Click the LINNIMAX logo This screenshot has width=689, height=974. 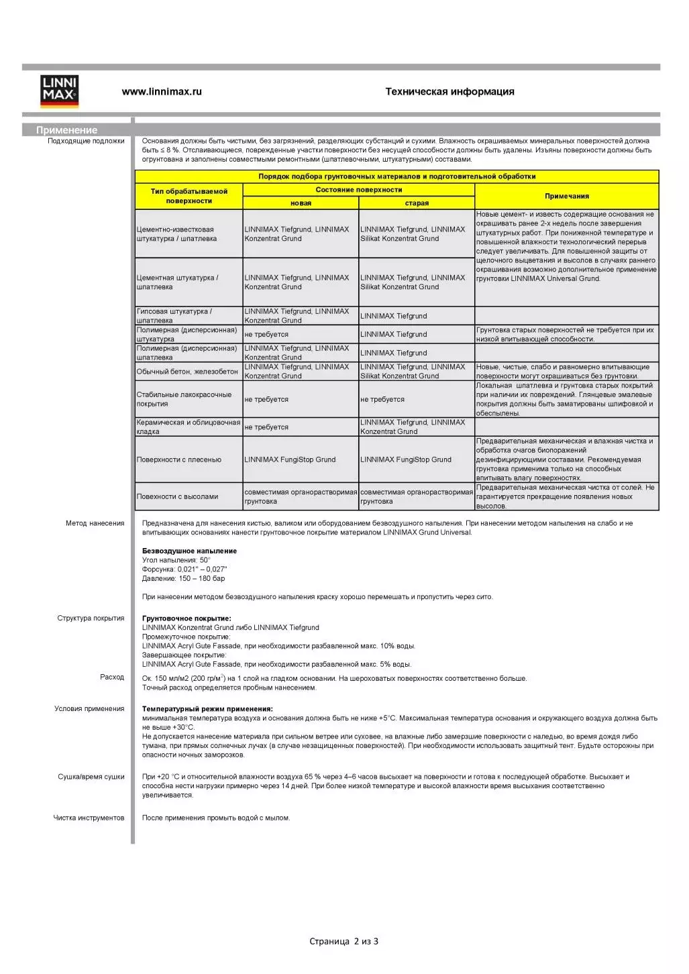coord(60,91)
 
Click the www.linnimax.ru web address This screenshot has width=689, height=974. coord(162,92)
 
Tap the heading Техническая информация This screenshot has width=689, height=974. coord(449,92)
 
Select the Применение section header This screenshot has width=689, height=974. coord(66,130)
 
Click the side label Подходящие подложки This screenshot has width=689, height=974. coord(86,142)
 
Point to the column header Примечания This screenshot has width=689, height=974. coord(567,197)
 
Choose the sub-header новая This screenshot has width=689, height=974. coord(301,203)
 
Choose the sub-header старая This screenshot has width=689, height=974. coord(417,203)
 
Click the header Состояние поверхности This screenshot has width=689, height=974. coord(359,190)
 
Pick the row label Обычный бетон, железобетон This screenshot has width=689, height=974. coord(187,372)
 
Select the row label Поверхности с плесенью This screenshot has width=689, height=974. coord(179,460)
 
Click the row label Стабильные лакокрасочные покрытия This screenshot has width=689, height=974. coord(184,400)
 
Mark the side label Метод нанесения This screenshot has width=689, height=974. coord(95,524)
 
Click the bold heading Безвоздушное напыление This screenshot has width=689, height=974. coord(189,551)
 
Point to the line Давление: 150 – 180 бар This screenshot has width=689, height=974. coord(183,579)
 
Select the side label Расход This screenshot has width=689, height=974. coord(112,678)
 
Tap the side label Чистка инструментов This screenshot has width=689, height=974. coord(89,818)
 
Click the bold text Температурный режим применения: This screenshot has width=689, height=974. coord(207,709)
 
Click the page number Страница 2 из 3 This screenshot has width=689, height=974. coord(343,942)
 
